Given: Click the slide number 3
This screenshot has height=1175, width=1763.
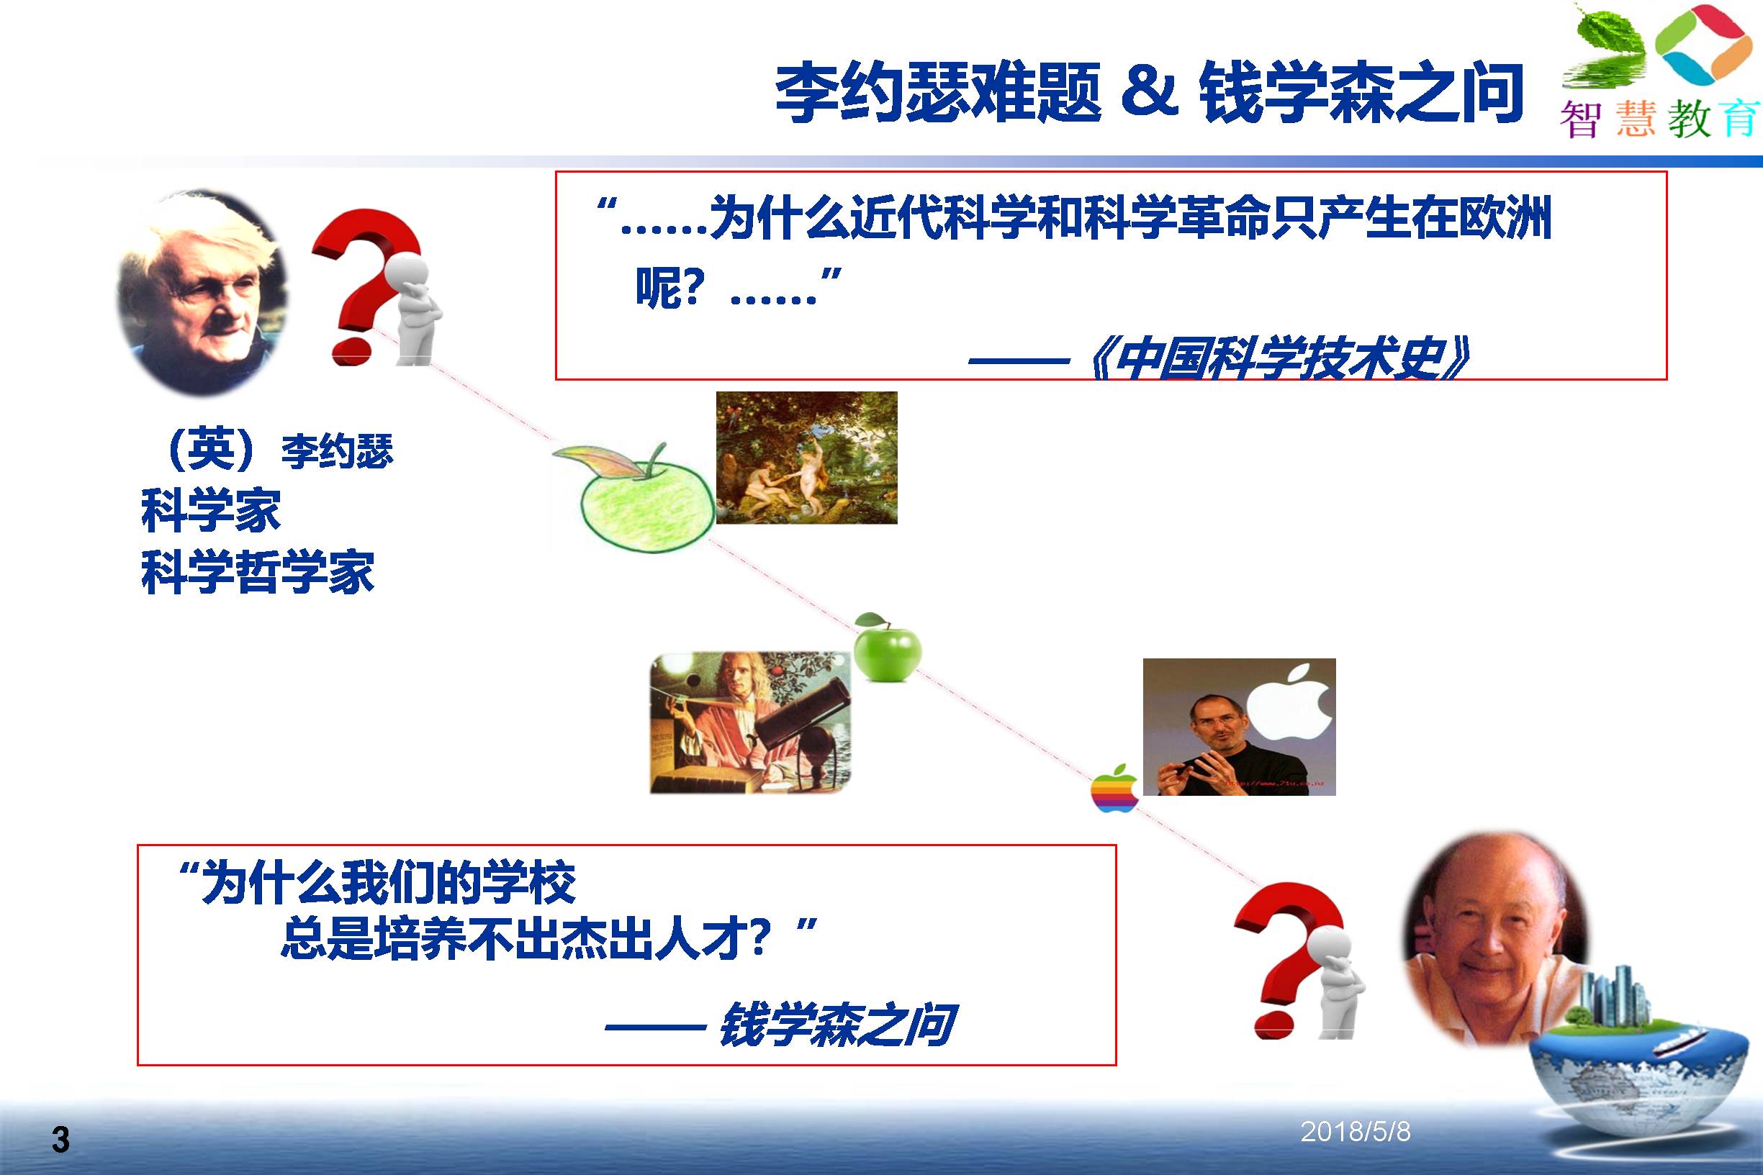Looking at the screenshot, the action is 60,1140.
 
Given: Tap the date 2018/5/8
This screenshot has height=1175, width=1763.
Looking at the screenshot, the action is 1356,1132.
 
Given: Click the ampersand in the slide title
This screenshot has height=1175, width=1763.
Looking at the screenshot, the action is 1150,91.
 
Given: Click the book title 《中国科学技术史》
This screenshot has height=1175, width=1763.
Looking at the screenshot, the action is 1279,359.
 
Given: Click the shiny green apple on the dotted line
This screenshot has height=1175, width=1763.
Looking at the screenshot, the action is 888,647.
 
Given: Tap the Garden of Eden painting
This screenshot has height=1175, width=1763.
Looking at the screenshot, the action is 806,457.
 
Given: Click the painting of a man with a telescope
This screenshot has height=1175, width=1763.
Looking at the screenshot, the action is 750,722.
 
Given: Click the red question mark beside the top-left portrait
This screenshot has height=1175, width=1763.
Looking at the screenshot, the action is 365,287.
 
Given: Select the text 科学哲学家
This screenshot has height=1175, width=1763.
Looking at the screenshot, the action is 257,572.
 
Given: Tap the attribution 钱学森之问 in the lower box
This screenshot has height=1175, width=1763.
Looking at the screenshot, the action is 837,1025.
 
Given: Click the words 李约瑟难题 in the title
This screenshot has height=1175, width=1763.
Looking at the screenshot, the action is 938,92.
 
